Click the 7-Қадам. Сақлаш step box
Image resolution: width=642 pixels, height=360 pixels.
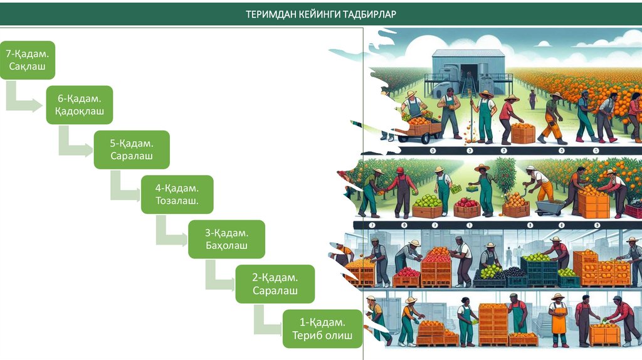(x=28, y=60)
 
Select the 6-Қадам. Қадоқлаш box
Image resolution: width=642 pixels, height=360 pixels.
(x=79, y=105)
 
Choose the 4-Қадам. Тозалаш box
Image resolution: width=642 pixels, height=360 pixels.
(x=177, y=194)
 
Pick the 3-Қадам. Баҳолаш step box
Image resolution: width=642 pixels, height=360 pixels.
(x=226, y=239)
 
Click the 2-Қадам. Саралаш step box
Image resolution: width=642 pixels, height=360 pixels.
(x=275, y=284)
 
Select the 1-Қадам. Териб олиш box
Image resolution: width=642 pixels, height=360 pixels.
(x=322, y=329)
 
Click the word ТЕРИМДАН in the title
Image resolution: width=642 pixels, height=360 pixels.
(x=271, y=14)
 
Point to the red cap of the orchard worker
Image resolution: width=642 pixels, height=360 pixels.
(x=399, y=170)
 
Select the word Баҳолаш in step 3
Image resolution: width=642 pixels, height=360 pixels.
(x=226, y=245)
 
